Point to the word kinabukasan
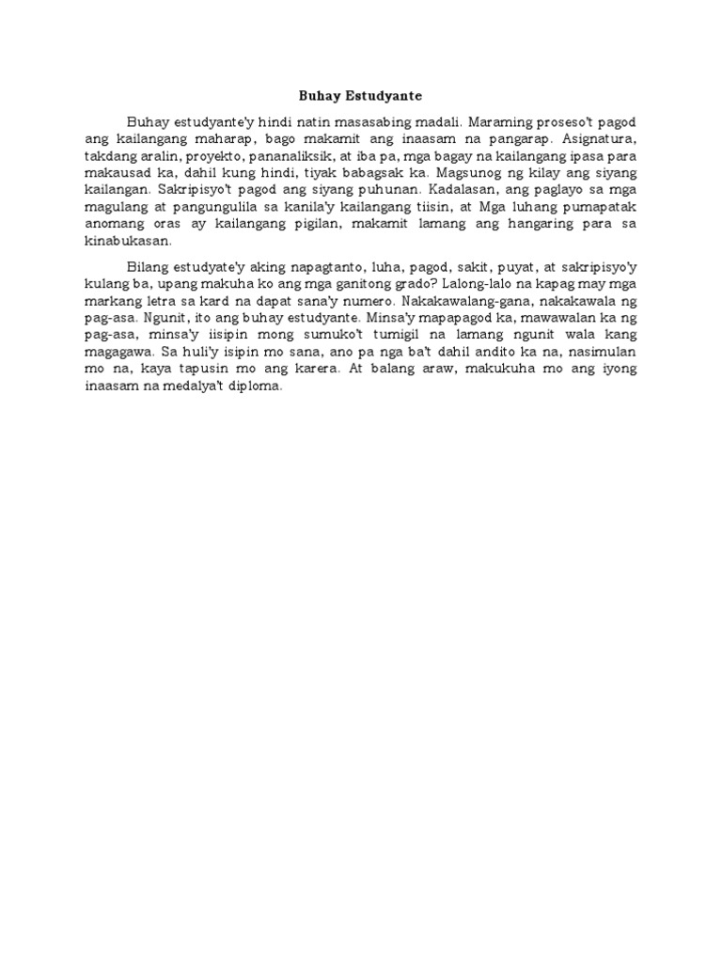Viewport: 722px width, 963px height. click(x=129, y=240)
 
